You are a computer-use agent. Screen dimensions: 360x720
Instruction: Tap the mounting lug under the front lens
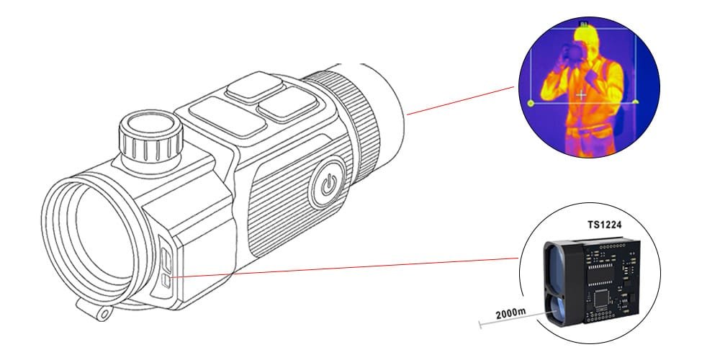[x=100, y=310]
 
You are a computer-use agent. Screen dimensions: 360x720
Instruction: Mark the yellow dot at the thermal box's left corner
[x=531, y=104]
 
